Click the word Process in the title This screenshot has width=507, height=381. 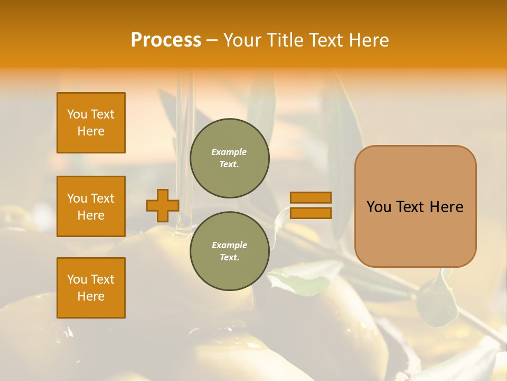[x=166, y=40]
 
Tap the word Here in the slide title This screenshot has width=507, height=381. [x=368, y=40]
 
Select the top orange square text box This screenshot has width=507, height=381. [x=91, y=123]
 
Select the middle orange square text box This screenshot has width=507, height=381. [x=91, y=206]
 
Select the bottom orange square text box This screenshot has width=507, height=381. [x=91, y=288]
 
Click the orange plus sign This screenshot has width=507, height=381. [x=163, y=205]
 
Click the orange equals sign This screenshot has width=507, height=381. [x=311, y=205]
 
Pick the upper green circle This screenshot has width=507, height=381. [x=229, y=158]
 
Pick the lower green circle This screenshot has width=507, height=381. [x=229, y=251]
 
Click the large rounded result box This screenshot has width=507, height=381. [x=415, y=206]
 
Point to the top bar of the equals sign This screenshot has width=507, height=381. [x=311, y=197]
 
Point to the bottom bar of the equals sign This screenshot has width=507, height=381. [x=311, y=213]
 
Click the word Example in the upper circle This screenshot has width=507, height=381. [x=229, y=152]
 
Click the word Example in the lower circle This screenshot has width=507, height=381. [x=229, y=246]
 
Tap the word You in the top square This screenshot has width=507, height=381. [x=77, y=114]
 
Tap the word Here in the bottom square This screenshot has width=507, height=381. [x=91, y=296]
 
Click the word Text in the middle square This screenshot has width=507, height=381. [x=102, y=198]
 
